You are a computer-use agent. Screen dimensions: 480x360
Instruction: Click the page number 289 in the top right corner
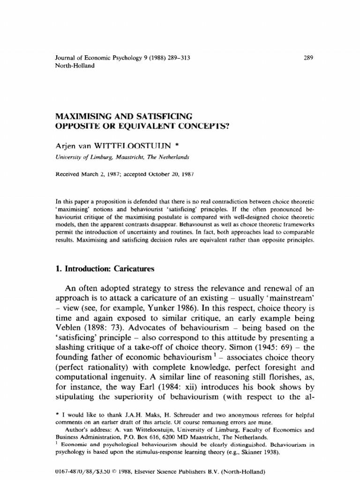308,58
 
